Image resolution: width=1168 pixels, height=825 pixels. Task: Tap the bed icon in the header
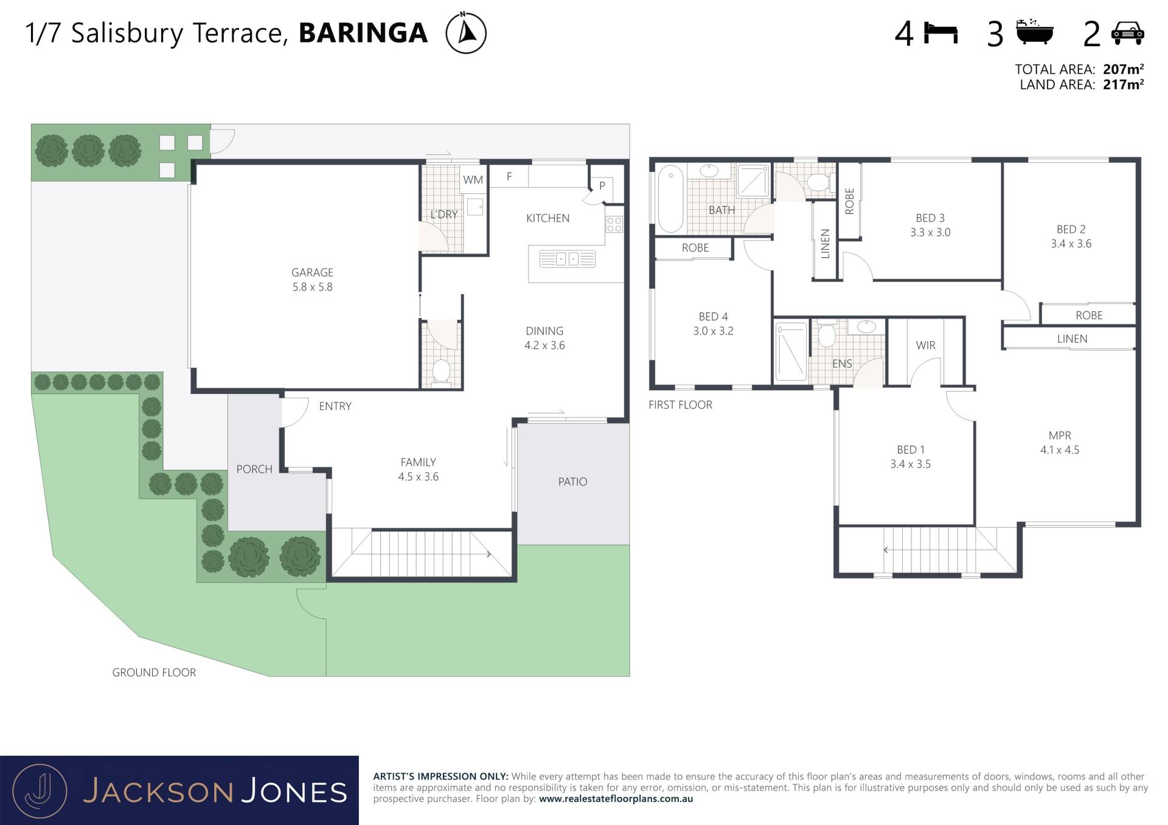(x=940, y=33)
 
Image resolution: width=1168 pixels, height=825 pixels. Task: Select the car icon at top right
(x=1127, y=33)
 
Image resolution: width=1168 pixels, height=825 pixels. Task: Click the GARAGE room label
(x=312, y=272)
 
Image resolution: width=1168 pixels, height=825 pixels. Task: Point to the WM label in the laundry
(x=473, y=180)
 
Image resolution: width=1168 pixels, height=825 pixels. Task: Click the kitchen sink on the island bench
(x=567, y=259)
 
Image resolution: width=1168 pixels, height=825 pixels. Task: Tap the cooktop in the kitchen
(x=614, y=224)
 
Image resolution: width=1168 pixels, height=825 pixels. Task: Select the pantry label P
(x=602, y=185)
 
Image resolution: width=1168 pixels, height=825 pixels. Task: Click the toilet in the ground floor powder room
(x=440, y=371)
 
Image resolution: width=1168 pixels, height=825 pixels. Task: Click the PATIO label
(x=572, y=482)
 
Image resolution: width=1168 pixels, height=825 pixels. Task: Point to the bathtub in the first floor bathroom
(x=670, y=198)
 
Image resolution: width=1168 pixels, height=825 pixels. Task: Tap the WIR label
(x=925, y=345)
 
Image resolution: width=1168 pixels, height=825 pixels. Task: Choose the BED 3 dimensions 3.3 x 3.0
(x=930, y=232)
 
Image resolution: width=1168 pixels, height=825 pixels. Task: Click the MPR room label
(x=1060, y=435)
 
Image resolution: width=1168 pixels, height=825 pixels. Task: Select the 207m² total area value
(x=1123, y=69)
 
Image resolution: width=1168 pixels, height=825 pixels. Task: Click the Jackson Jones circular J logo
(x=40, y=791)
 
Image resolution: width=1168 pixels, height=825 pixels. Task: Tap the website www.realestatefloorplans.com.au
(x=616, y=799)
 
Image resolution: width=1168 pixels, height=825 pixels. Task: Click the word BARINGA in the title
(x=363, y=33)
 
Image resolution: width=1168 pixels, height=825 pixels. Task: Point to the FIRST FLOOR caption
(x=680, y=405)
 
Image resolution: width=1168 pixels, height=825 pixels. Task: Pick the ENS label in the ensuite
(x=842, y=364)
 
